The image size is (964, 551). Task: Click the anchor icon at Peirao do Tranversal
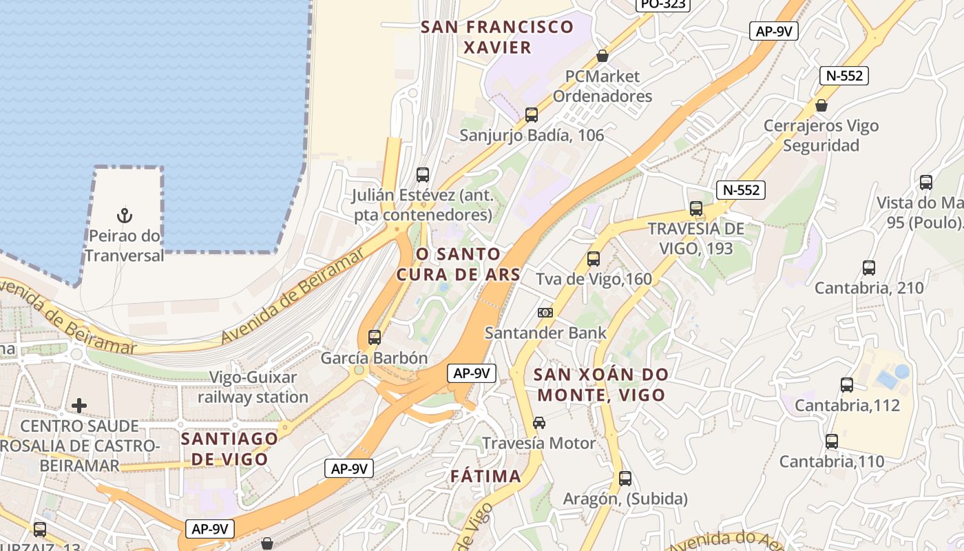pyautogui.click(x=125, y=216)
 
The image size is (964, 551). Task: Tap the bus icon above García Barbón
pyautogui.click(x=375, y=337)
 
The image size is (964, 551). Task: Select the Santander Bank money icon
pyautogui.click(x=545, y=313)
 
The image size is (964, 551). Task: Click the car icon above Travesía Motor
pyautogui.click(x=539, y=422)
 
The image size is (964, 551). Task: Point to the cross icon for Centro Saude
pyautogui.click(x=79, y=406)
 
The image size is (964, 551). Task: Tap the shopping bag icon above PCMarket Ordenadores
pyautogui.click(x=602, y=55)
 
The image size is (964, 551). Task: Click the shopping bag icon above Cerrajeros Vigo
pyautogui.click(x=821, y=105)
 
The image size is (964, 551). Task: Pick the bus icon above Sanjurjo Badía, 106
pyautogui.click(x=532, y=114)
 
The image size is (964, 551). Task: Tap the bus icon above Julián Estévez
pyautogui.click(x=423, y=174)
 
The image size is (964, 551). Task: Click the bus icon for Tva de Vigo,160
pyautogui.click(x=594, y=259)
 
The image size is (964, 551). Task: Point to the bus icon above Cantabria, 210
pyautogui.click(x=869, y=267)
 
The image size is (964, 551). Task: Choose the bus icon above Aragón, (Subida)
pyautogui.click(x=625, y=477)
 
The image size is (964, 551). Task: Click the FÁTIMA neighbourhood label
pyautogui.click(x=485, y=476)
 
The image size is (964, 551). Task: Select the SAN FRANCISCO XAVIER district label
pyautogui.click(x=497, y=37)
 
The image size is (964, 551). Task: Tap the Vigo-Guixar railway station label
pyautogui.click(x=253, y=387)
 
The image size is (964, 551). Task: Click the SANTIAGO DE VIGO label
pyautogui.click(x=229, y=448)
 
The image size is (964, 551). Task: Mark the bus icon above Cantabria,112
pyautogui.click(x=847, y=384)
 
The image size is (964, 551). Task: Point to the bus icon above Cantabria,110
pyautogui.click(x=832, y=441)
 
